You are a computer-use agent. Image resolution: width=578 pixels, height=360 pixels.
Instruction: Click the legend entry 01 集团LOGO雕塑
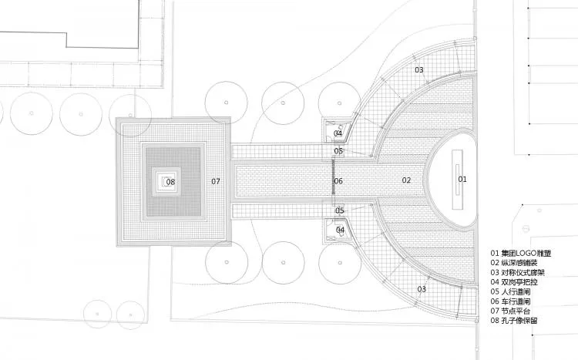tap(520, 254)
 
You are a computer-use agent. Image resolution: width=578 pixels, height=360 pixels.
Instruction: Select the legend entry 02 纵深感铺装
tap(514, 263)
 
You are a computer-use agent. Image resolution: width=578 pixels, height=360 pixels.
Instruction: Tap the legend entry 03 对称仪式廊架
tap(517, 273)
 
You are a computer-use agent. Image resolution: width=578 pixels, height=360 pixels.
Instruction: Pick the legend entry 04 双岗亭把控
tap(514, 282)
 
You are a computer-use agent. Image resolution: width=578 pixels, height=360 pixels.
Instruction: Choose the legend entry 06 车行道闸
tap(510, 301)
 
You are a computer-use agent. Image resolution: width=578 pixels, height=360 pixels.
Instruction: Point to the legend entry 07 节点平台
tap(510, 311)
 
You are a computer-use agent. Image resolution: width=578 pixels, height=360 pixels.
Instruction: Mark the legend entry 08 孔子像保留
tap(514, 321)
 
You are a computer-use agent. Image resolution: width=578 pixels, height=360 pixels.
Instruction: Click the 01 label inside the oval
tap(462, 180)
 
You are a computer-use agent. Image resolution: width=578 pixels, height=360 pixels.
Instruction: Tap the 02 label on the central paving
tap(406, 180)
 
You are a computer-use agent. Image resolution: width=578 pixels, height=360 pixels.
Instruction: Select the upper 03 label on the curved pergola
tap(419, 69)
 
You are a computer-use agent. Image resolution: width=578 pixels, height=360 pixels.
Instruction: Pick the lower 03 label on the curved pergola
tap(422, 289)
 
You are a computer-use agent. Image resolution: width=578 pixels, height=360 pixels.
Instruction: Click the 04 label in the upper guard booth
tap(338, 133)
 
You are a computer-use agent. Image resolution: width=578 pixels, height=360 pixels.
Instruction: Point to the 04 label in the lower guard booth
tap(340, 230)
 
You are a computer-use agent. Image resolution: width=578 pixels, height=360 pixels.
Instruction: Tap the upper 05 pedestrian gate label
tap(338, 150)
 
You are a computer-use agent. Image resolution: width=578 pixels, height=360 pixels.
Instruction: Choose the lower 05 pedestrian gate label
tap(340, 210)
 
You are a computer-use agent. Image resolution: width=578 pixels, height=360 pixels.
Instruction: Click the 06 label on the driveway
tap(338, 180)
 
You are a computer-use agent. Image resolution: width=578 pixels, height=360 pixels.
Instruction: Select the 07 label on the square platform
tap(216, 181)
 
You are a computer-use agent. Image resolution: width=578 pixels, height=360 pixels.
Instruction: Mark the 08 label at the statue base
tap(170, 181)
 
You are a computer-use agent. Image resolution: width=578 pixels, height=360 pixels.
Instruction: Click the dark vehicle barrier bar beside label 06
tap(334, 177)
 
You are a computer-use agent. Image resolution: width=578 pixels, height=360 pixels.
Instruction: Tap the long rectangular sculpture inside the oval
tap(458, 180)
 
